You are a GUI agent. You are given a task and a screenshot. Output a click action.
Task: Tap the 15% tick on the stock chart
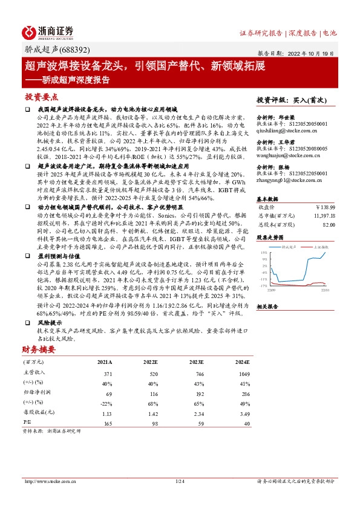(264, 253)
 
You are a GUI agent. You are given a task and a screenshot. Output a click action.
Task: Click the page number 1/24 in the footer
(179, 481)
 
